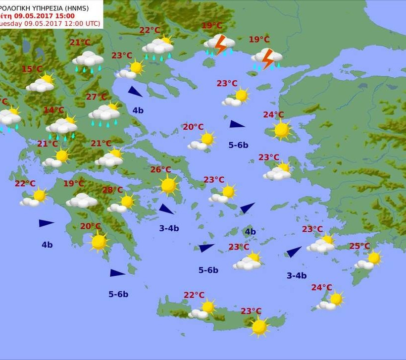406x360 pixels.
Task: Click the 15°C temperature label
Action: coord(32,69)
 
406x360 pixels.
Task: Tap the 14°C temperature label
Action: coord(54,110)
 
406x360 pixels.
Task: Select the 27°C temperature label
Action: coord(97,97)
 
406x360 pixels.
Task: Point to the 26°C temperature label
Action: coord(161,170)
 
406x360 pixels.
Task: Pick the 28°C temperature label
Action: coord(112,190)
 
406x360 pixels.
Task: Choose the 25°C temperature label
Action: coord(359,246)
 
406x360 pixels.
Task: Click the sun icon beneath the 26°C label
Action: coord(169,185)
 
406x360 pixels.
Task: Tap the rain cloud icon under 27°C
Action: coord(104,114)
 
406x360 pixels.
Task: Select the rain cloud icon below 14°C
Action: coord(62,127)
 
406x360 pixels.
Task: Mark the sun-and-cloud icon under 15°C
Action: coord(41,83)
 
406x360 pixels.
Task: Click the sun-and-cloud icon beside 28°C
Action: coord(122,203)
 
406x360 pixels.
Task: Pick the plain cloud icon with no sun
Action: coord(82,201)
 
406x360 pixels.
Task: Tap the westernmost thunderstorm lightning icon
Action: coord(219,45)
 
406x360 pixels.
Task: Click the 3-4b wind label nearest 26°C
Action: coord(169,228)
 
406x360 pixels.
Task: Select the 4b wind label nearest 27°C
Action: coord(138,110)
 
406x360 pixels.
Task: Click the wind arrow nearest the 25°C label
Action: coord(294,252)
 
